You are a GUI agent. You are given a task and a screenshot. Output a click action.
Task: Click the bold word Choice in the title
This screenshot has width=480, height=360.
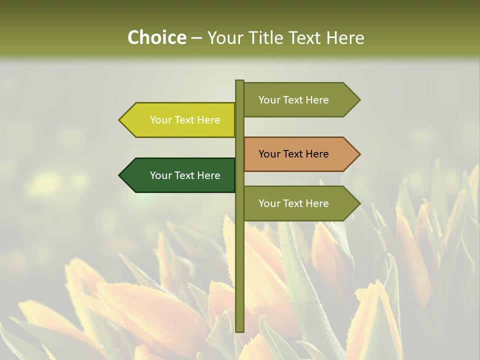156,38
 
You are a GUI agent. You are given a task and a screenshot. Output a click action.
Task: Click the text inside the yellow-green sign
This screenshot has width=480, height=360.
185,120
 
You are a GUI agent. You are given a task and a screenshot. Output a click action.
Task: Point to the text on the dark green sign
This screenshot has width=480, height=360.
185,175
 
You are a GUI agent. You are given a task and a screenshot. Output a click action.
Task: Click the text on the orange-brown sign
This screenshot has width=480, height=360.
293,154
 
